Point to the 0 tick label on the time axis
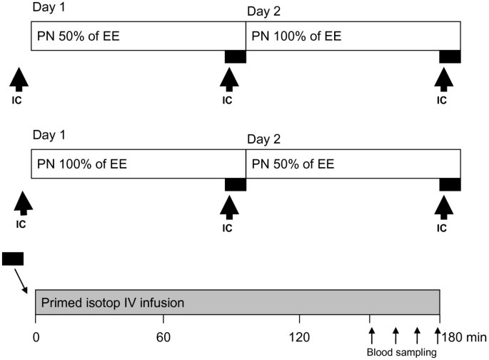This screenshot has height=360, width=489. pyautogui.click(x=35, y=336)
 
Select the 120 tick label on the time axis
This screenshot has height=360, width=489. pyautogui.click(x=298, y=336)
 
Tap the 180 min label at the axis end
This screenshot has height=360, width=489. pyautogui.click(x=464, y=336)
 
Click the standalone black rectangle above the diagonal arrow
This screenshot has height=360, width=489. pyautogui.click(x=13, y=258)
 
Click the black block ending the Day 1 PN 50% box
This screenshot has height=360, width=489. pyautogui.click(x=235, y=56)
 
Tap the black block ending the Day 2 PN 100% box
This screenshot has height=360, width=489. pyautogui.click(x=450, y=56)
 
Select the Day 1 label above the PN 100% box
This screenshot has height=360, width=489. pyautogui.click(x=47, y=135)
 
